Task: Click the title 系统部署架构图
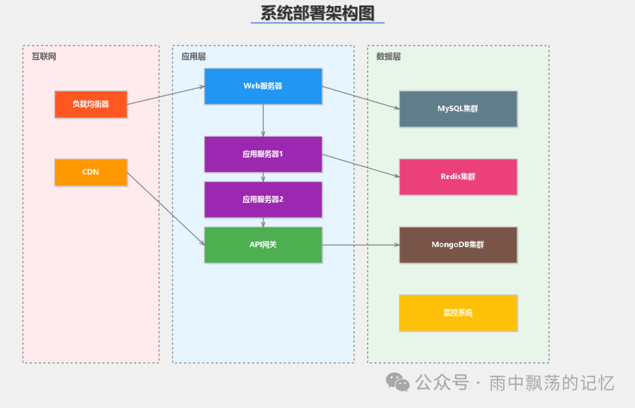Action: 317,13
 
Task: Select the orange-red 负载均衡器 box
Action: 91,104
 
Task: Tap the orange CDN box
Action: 91,172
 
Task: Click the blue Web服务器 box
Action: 263,86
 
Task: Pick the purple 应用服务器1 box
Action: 263,154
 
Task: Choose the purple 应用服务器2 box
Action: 263,199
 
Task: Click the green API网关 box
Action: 263,245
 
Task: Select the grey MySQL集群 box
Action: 458,109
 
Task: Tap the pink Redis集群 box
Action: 458,176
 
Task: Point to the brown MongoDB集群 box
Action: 458,245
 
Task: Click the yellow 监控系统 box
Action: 458,313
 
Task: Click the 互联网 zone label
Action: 44,56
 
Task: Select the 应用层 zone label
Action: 193,56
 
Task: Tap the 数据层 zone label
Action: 389,56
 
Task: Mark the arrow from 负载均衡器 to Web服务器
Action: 166,95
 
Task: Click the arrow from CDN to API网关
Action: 166,209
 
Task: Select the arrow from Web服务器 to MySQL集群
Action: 360,98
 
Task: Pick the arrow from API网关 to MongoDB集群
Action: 360,245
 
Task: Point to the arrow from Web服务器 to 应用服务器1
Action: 263,121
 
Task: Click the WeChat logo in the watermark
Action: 398,382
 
